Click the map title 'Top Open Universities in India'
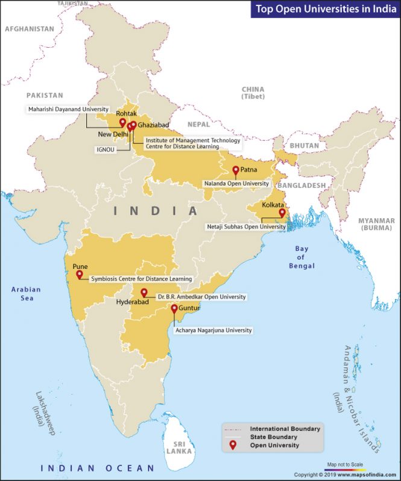(x=326, y=8)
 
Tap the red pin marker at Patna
(x=236, y=170)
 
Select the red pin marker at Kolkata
(x=282, y=213)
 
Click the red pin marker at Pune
(x=79, y=274)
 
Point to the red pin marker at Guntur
(x=174, y=309)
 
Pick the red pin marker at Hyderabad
(x=144, y=293)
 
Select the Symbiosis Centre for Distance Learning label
(x=142, y=279)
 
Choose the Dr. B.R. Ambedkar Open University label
(x=202, y=297)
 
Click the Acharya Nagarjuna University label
(x=213, y=331)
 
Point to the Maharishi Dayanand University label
(x=68, y=109)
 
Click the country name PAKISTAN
(x=45, y=95)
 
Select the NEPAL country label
(x=198, y=124)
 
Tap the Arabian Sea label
(x=26, y=294)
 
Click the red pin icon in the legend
(x=233, y=446)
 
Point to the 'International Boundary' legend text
(x=285, y=428)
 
